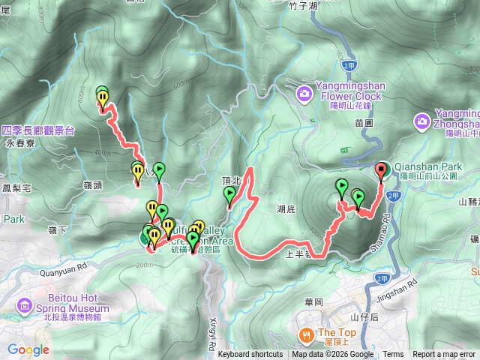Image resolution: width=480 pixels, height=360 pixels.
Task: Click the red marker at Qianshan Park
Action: tap(381, 169)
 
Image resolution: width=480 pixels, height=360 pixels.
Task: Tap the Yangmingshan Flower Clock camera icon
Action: tap(304, 93)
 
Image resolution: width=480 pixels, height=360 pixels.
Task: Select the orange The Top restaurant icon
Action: tap(306, 334)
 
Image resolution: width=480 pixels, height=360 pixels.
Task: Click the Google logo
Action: tap(28, 349)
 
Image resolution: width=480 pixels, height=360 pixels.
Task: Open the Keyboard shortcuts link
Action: tap(250, 355)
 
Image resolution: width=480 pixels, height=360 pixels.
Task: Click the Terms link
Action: tap(393, 355)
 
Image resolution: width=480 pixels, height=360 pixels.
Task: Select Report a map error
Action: tap(444, 355)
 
